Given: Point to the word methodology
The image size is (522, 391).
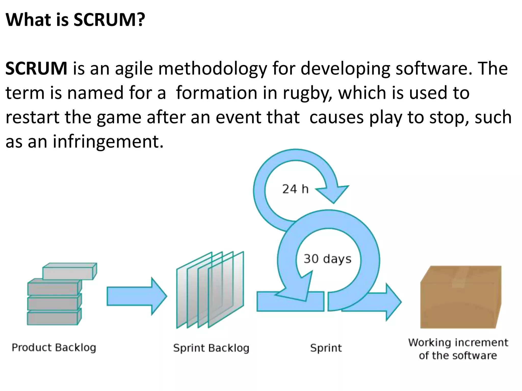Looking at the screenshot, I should (213, 69).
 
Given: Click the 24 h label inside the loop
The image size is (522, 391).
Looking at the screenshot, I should (295, 189).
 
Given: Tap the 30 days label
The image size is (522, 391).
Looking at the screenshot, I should (327, 259).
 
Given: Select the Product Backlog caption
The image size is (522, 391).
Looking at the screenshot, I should (54, 347).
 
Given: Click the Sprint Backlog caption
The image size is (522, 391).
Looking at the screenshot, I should (211, 348).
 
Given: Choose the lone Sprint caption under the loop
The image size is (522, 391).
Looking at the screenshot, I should (326, 348).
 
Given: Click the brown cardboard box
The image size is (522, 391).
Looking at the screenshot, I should (460, 298).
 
